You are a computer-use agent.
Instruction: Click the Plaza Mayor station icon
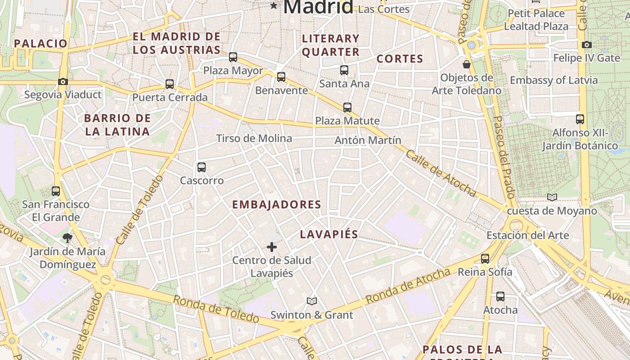click(233, 57)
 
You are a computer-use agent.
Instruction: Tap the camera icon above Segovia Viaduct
click(63, 81)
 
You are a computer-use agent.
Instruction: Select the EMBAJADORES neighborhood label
click(276, 205)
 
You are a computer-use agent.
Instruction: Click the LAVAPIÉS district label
click(329, 234)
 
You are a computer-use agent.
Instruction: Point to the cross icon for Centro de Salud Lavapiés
click(272, 247)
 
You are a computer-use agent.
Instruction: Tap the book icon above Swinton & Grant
click(312, 301)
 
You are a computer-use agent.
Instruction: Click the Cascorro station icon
click(202, 167)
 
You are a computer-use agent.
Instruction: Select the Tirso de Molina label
click(254, 138)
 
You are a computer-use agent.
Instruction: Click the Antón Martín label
click(368, 140)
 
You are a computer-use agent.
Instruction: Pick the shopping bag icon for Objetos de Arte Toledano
click(467, 64)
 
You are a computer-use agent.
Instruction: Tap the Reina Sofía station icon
click(485, 259)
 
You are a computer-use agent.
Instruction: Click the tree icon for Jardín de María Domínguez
click(67, 238)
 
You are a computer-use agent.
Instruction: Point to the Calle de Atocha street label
click(441, 174)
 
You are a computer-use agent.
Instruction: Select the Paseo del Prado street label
click(504, 157)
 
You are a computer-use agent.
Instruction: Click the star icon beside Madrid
click(274, 6)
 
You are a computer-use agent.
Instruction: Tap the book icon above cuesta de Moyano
click(552, 197)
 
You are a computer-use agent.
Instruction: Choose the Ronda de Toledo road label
click(216, 309)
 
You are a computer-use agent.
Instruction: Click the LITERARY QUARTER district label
click(331, 45)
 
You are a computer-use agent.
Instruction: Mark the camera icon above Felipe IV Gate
click(586, 45)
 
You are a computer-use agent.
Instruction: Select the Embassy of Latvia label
click(553, 80)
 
